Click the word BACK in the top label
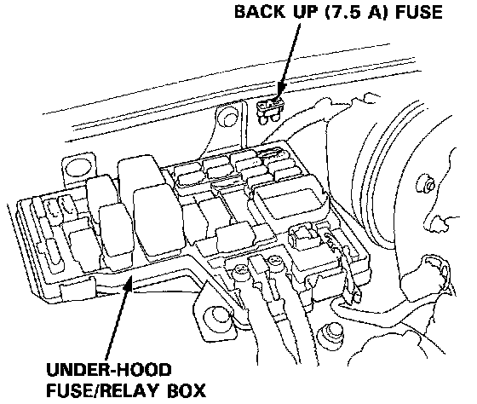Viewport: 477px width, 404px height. pyautogui.click(x=260, y=11)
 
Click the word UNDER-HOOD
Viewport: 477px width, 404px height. pyautogui.click(x=109, y=369)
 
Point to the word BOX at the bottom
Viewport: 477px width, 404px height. pyautogui.click(x=187, y=390)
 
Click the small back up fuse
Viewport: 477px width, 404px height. pyautogui.click(x=271, y=111)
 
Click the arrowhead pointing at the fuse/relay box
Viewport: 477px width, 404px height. pyautogui.click(x=129, y=281)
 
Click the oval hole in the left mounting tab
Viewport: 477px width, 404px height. pyautogui.click(x=78, y=168)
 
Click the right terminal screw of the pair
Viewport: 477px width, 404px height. pyautogui.click(x=274, y=262)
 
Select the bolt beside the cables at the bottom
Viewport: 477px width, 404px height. pyautogui.click(x=329, y=334)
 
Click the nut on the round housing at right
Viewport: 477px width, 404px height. pyautogui.click(x=428, y=183)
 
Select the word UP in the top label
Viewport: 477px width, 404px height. pyautogui.click(x=307, y=12)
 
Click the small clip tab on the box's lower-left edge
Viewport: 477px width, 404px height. pyautogui.click(x=78, y=288)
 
